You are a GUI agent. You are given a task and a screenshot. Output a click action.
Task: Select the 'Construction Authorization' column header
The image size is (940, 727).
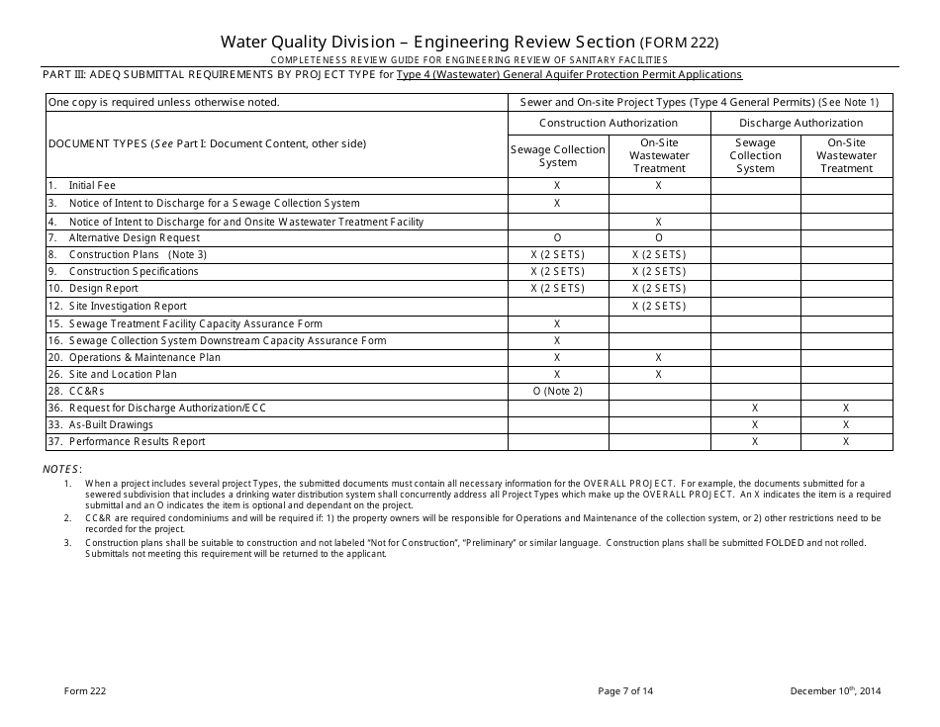click(x=608, y=123)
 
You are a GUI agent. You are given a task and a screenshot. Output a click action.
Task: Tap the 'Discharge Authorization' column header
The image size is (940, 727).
click(x=800, y=123)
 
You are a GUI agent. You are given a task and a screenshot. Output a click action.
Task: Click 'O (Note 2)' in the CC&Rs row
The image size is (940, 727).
click(x=557, y=392)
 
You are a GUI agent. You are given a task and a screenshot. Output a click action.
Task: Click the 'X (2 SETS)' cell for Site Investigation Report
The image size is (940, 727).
click(x=658, y=307)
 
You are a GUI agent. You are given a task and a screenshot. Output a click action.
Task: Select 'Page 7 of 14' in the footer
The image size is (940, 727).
click(x=625, y=691)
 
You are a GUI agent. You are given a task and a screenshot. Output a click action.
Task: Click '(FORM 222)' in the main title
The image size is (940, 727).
click(x=679, y=43)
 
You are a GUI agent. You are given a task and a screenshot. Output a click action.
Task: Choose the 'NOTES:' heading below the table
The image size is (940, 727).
click(x=62, y=469)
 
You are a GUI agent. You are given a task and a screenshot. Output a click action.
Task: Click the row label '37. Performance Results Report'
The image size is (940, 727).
click(x=126, y=442)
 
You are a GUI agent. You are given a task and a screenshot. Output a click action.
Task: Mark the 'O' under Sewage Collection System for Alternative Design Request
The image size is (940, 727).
click(x=557, y=237)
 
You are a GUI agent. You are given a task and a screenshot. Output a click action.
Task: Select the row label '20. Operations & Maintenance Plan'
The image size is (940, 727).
click(x=134, y=357)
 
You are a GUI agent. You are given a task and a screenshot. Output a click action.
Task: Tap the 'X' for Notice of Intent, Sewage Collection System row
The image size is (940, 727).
click(x=557, y=203)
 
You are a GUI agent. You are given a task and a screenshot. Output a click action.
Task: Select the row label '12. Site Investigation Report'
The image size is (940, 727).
click(x=117, y=307)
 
